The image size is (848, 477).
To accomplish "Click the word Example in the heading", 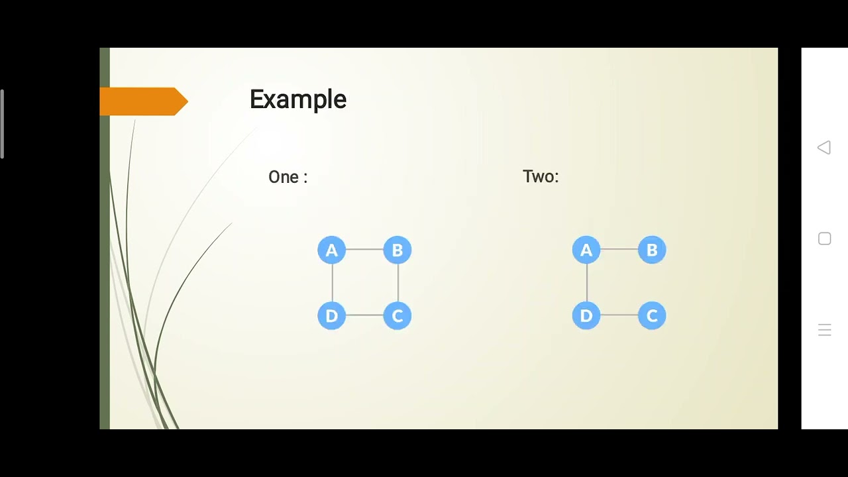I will [x=298, y=100].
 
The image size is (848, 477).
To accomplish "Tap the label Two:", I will [x=541, y=176].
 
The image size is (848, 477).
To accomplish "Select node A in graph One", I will [x=331, y=250].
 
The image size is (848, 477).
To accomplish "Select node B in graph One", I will [x=397, y=250].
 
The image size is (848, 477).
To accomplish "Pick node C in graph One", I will [x=397, y=316].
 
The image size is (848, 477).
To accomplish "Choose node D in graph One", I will [x=331, y=316].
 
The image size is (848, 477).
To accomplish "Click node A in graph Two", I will [x=586, y=250].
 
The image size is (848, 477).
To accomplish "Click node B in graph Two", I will [x=652, y=250].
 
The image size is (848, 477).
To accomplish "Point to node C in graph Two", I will [x=652, y=316].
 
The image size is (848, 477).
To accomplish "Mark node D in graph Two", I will [x=586, y=316].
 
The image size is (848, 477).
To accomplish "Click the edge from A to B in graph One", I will [x=364, y=250].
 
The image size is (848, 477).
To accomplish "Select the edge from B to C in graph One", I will [x=398, y=283].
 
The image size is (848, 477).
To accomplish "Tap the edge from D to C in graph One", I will [x=364, y=315].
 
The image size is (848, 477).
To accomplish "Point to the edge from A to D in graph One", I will [x=333, y=283].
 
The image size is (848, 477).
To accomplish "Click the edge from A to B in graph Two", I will [x=619, y=250].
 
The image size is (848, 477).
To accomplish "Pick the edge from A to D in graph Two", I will [x=587, y=283].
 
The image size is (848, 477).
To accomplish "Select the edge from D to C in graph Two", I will [x=619, y=315].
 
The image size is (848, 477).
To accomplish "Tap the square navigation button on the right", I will [x=824, y=239].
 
